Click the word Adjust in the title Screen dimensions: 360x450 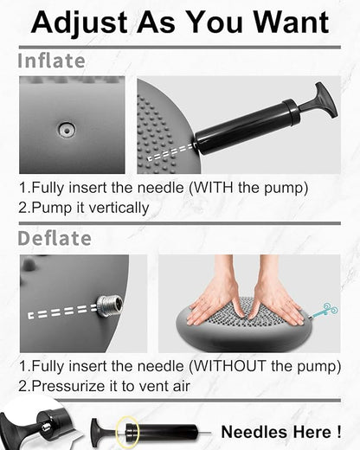point(80,23)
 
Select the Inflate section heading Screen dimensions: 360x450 point(52,61)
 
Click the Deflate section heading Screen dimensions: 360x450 point(55,238)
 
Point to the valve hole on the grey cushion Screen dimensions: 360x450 point(67,131)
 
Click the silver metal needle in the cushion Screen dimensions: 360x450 point(110,306)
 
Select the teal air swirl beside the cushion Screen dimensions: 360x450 point(325,312)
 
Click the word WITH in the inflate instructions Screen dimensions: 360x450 point(213,188)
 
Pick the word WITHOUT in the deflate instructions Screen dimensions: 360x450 point(229,366)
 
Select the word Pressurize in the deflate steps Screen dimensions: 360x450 point(68,386)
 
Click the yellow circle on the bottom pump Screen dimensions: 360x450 point(128,432)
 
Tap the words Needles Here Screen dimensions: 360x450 point(275,432)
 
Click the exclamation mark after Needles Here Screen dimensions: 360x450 point(338,432)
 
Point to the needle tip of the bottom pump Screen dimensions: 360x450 point(209,433)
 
